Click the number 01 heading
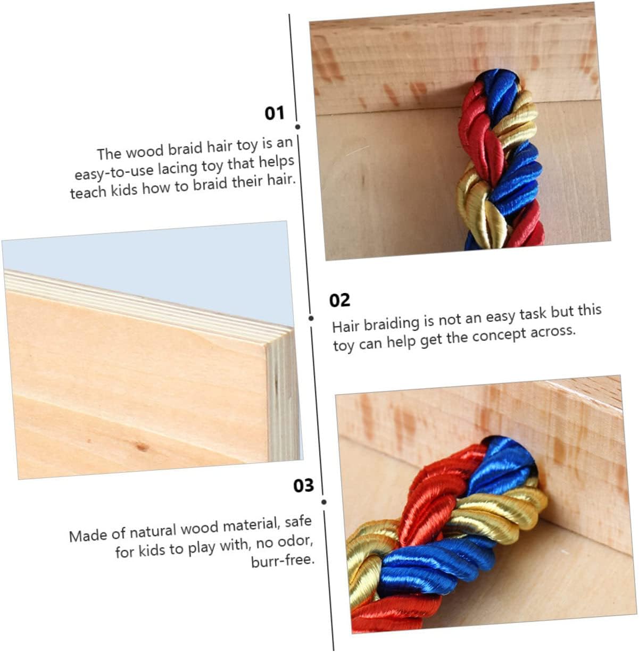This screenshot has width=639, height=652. [275, 113]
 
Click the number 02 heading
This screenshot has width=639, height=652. [339, 300]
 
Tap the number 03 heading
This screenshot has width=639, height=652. [303, 486]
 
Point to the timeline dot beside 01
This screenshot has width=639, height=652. [297, 127]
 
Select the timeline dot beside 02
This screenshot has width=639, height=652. [311, 319]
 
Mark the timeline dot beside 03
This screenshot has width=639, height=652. [324, 502]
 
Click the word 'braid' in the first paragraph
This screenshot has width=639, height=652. [185, 149]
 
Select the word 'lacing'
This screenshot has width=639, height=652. [178, 168]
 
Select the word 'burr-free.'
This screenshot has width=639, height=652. [283, 561]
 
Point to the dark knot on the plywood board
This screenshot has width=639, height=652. [142, 447]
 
